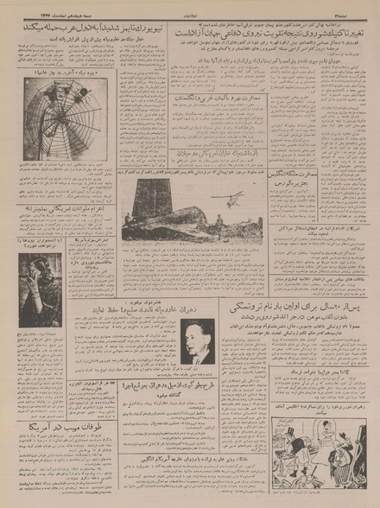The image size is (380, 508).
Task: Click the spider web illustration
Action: (x=53, y=111)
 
